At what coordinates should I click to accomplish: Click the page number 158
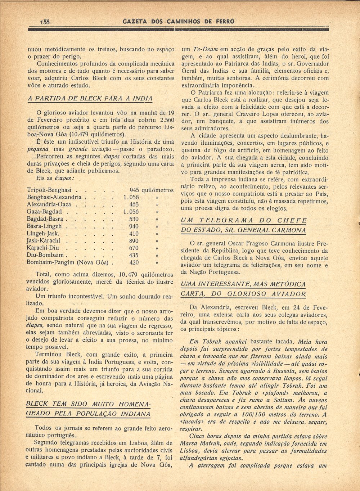[46, 22]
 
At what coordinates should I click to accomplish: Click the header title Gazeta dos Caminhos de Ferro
[179, 21]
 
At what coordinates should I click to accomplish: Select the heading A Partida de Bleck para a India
[90, 98]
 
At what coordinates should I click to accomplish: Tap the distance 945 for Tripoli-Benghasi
[134, 190]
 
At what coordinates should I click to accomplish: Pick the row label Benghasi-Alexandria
[54, 197]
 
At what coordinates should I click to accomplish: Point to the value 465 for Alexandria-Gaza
[134, 204]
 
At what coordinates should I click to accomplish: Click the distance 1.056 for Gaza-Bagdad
[131, 212]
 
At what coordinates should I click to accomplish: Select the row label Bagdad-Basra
[45, 219]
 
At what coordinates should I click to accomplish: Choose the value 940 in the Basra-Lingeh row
[134, 226]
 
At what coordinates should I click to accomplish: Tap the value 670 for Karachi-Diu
[134, 248]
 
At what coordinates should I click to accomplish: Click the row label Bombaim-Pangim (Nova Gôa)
[68, 262]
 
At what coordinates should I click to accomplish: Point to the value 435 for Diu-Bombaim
[134, 255]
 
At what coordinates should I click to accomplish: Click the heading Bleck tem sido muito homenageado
[88, 409]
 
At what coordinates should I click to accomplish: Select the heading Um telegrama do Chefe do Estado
[244, 225]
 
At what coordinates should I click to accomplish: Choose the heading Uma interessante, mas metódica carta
[243, 289]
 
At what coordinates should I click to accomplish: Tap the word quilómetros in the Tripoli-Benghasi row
[158, 190]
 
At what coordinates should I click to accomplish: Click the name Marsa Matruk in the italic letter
[197, 443]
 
